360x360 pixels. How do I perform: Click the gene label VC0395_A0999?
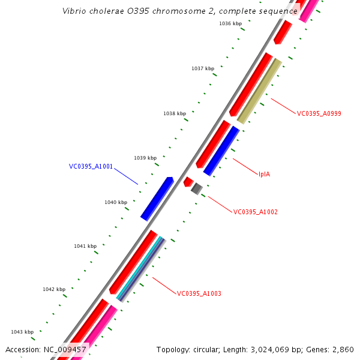pyautogui.click(x=319, y=113)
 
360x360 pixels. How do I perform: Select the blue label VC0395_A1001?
pyautogui.click(x=91, y=166)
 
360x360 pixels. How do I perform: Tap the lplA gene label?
pyautogui.click(x=264, y=174)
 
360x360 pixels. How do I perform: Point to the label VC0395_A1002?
pyautogui.click(x=255, y=212)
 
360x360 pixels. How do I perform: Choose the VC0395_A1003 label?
pyautogui.click(x=199, y=293)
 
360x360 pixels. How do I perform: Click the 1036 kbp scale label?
pyautogui.click(x=230, y=23)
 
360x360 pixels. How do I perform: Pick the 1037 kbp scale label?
pyautogui.click(x=203, y=68)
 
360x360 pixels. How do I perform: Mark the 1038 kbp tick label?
pyautogui.click(x=175, y=113)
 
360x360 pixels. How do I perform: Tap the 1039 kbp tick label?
pyautogui.click(x=145, y=158)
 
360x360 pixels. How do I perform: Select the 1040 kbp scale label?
pyautogui.click(x=116, y=202)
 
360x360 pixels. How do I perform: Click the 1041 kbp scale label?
pyautogui.click(x=85, y=246)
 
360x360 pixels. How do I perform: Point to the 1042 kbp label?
pyautogui.click(x=54, y=289)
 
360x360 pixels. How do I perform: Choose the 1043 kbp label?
pyautogui.click(x=22, y=332)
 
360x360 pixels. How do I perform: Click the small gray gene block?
pyautogui.click(x=196, y=189)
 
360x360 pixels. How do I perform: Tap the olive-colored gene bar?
pyautogui.click(x=259, y=91)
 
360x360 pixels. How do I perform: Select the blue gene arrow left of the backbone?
pyautogui.click(x=157, y=199)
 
